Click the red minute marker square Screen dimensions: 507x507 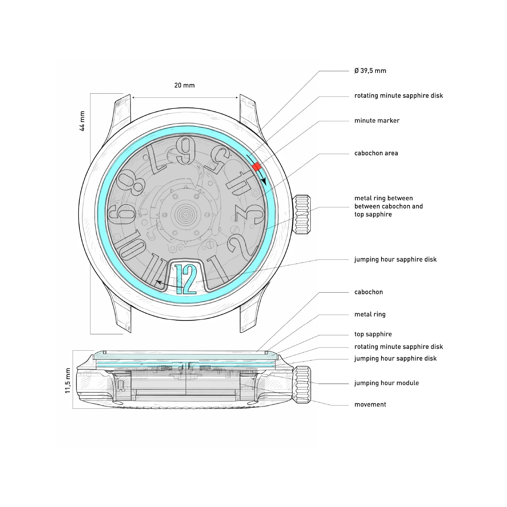click(257, 166)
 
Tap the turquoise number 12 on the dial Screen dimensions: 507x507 click(186, 279)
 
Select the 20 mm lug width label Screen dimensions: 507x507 click(184, 85)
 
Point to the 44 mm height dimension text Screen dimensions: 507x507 click(82, 121)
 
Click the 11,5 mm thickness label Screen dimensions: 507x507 click(68, 381)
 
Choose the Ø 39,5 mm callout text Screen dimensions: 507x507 click(370, 71)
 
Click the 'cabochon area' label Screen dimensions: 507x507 click(376, 153)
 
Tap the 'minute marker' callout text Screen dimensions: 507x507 click(377, 121)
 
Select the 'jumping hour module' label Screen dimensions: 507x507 click(386, 383)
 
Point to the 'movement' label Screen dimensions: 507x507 click(370, 404)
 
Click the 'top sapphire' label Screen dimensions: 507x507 click(373, 334)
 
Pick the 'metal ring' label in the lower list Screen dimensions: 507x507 click(370, 314)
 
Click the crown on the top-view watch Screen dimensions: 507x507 click(302, 214)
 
